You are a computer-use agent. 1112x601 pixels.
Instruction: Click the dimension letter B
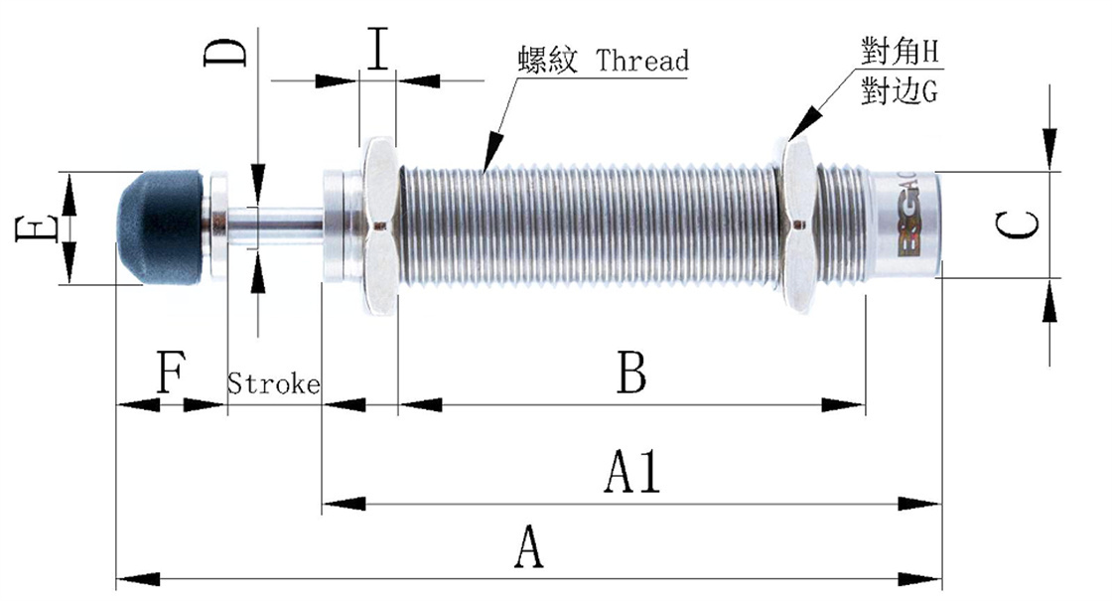[x=632, y=375]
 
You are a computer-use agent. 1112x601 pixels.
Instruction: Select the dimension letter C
[x=1019, y=225]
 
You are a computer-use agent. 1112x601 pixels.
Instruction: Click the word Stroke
[x=274, y=383]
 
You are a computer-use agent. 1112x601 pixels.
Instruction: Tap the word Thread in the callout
[x=642, y=62]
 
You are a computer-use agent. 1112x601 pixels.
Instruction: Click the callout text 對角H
[x=901, y=50]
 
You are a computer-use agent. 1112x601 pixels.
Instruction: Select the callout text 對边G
[x=901, y=92]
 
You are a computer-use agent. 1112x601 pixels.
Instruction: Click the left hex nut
[x=378, y=227]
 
